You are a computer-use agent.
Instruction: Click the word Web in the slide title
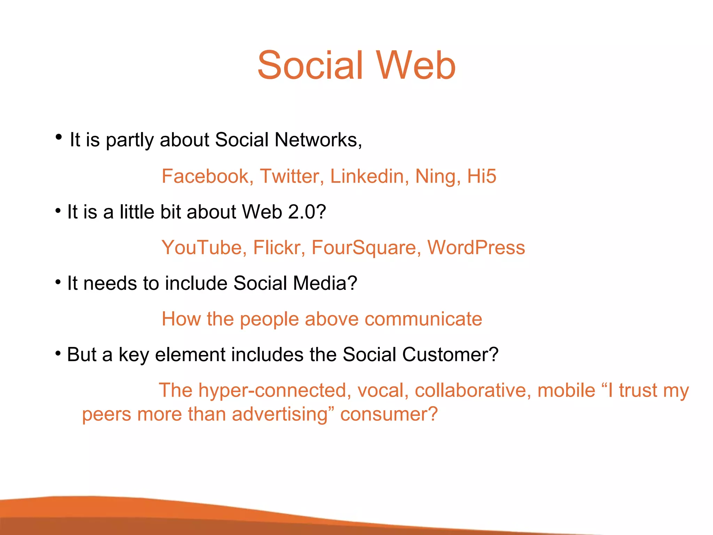416,65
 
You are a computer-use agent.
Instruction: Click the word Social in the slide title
311,65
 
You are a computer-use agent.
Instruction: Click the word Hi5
481,176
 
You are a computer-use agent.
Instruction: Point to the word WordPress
476,248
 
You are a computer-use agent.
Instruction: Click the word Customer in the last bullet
450,355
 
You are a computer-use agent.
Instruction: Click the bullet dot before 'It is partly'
58,137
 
